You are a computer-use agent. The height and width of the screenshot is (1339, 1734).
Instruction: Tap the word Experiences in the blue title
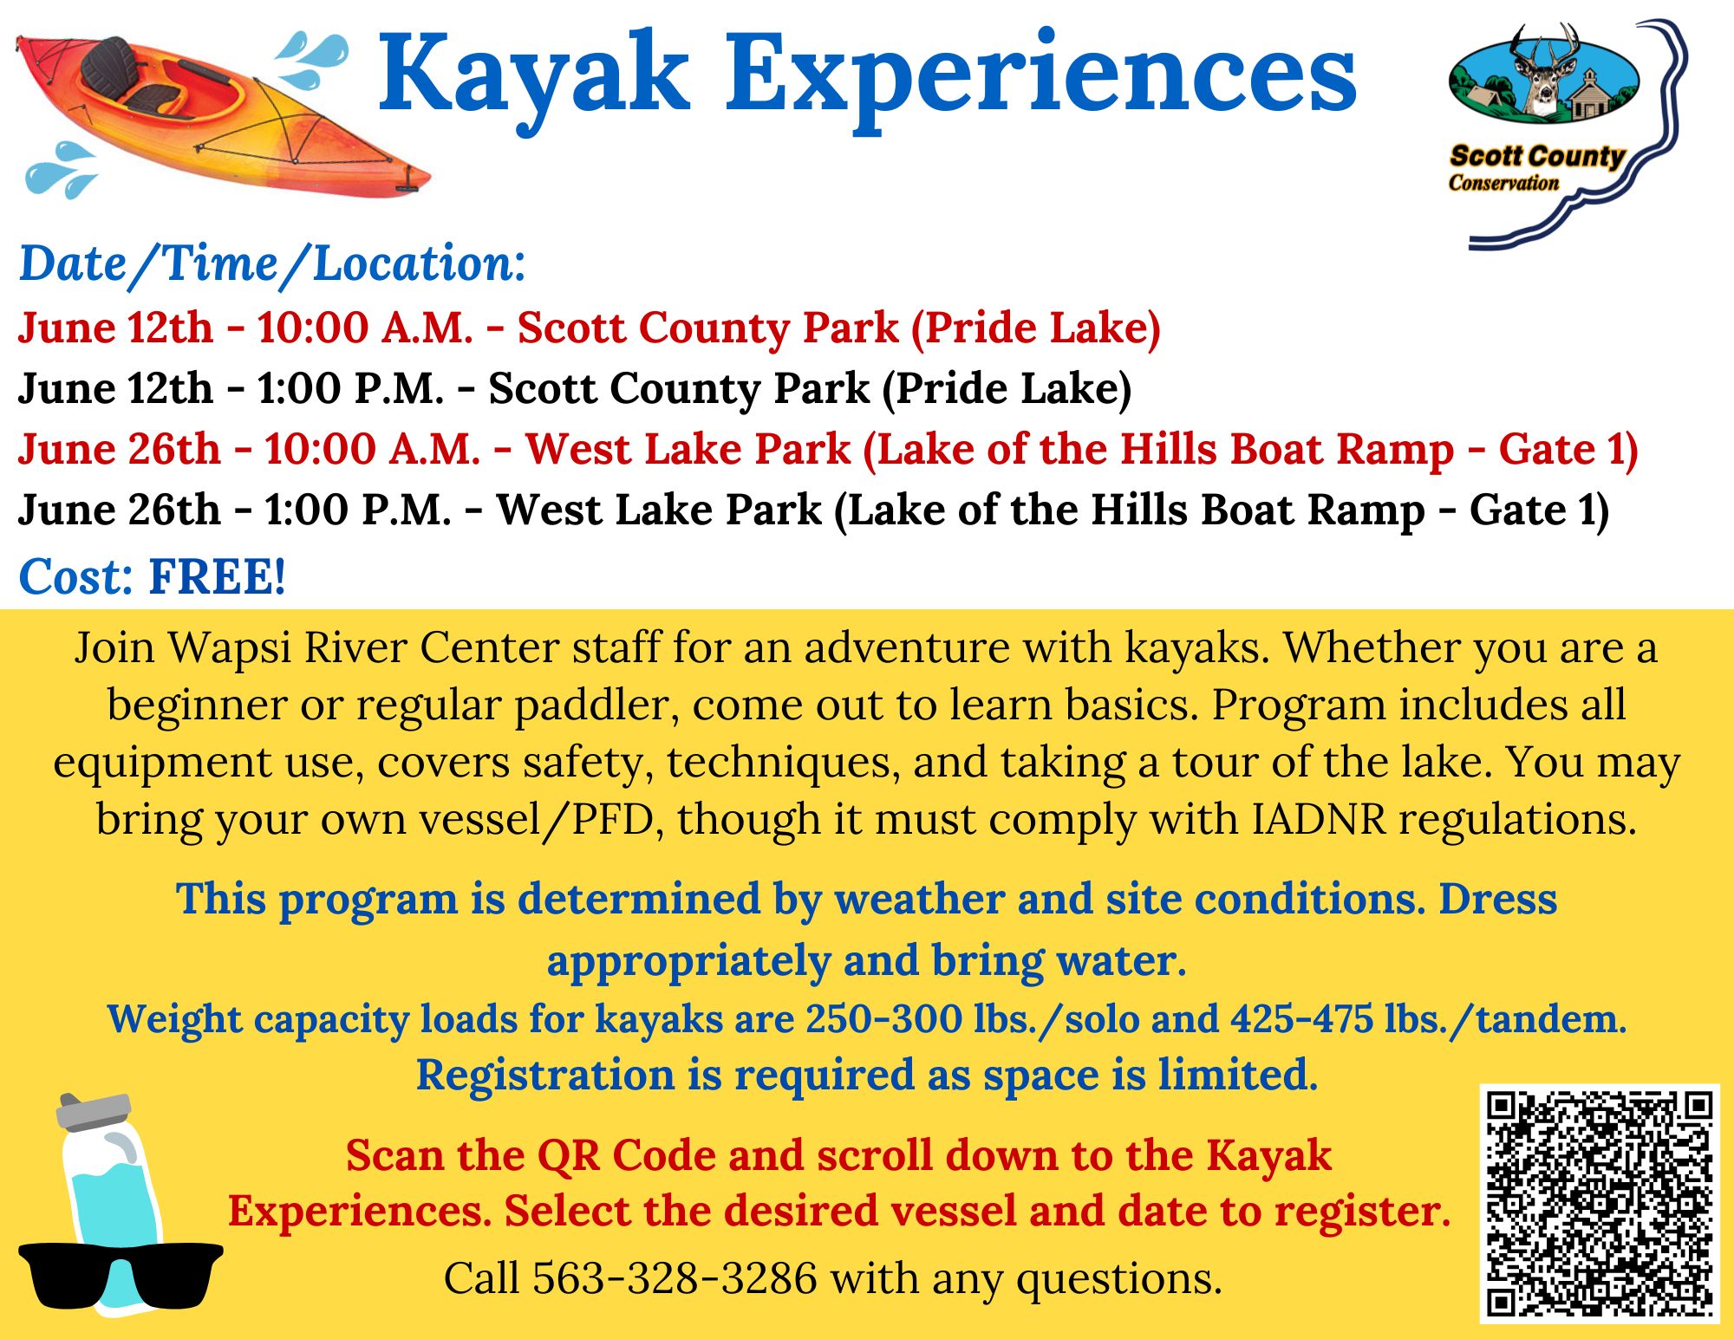(x=1041, y=78)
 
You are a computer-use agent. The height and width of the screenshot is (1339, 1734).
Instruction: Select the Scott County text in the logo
(x=1537, y=156)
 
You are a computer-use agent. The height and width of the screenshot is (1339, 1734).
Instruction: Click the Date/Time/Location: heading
(x=272, y=263)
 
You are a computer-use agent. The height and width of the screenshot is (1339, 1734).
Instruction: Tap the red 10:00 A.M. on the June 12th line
(x=365, y=328)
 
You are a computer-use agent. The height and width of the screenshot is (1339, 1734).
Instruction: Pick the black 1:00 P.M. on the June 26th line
(x=358, y=510)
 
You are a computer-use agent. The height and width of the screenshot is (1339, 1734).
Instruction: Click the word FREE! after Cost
(x=217, y=576)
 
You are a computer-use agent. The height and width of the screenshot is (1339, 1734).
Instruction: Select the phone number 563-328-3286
(x=675, y=1278)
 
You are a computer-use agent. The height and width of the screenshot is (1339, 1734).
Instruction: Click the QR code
(x=1600, y=1204)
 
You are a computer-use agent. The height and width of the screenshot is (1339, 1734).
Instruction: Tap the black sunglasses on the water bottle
(x=121, y=1275)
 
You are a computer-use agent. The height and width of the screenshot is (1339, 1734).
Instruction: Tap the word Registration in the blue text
(x=545, y=1076)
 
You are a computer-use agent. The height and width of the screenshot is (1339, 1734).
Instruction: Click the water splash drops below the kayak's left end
(x=61, y=170)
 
